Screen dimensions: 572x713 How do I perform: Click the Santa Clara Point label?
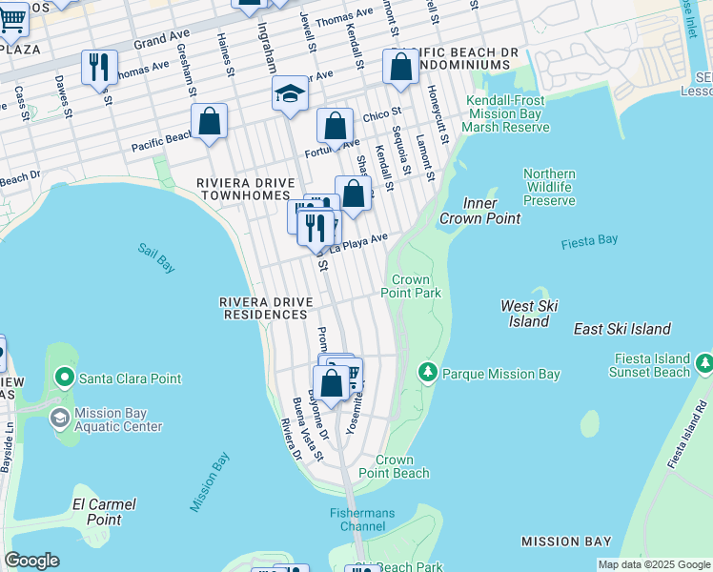coord(130,378)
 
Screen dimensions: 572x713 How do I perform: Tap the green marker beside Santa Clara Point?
coord(65,378)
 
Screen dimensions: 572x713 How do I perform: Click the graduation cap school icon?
coord(290,94)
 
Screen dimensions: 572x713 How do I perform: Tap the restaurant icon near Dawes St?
coord(99,68)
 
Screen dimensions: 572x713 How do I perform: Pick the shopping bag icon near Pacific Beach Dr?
coord(209,122)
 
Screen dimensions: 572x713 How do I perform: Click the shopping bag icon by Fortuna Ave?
coord(335,127)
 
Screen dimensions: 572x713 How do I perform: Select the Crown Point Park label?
coord(412,286)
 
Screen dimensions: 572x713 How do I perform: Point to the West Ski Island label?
coord(529,314)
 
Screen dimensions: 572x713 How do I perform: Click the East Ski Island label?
coord(621,329)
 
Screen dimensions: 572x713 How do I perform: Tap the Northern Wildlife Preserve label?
coord(549,187)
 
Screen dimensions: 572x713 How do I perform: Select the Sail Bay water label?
coord(155,257)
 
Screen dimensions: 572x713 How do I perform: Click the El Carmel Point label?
coord(104,512)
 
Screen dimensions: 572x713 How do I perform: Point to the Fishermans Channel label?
coord(361,520)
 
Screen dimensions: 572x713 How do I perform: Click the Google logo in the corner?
coord(31,561)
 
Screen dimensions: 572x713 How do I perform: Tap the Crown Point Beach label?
coord(395,466)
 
